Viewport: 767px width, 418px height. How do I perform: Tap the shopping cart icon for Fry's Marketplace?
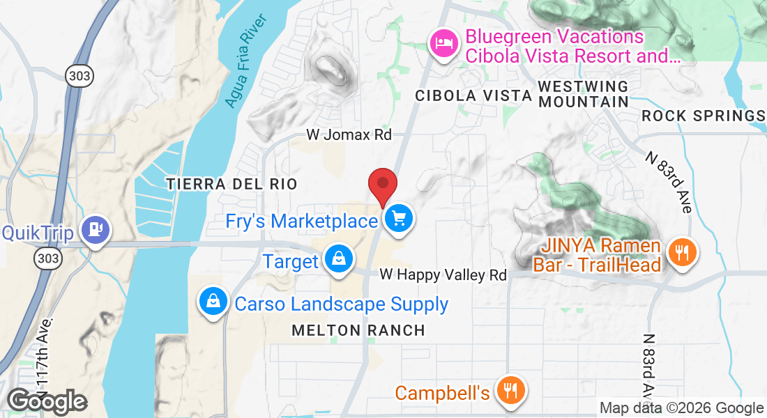pyautogui.click(x=399, y=219)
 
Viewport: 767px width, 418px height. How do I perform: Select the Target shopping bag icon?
pyautogui.click(x=338, y=259)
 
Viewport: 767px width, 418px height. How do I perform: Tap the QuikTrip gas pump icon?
pyautogui.click(x=94, y=229)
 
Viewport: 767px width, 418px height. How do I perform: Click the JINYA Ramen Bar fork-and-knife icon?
pyautogui.click(x=678, y=251)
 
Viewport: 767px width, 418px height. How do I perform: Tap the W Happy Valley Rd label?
pyautogui.click(x=443, y=275)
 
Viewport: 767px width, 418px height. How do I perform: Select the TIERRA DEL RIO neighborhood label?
pyautogui.click(x=231, y=184)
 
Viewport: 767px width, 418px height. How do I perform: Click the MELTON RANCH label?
pyautogui.click(x=358, y=330)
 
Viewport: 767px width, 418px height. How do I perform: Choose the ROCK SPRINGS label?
pyautogui.click(x=703, y=116)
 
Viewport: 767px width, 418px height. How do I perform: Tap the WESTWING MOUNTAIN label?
pyautogui.click(x=584, y=93)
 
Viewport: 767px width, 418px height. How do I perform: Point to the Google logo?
pyautogui.click(x=46, y=401)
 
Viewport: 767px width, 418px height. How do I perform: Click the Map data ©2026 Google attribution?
pyautogui.click(x=681, y=408)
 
